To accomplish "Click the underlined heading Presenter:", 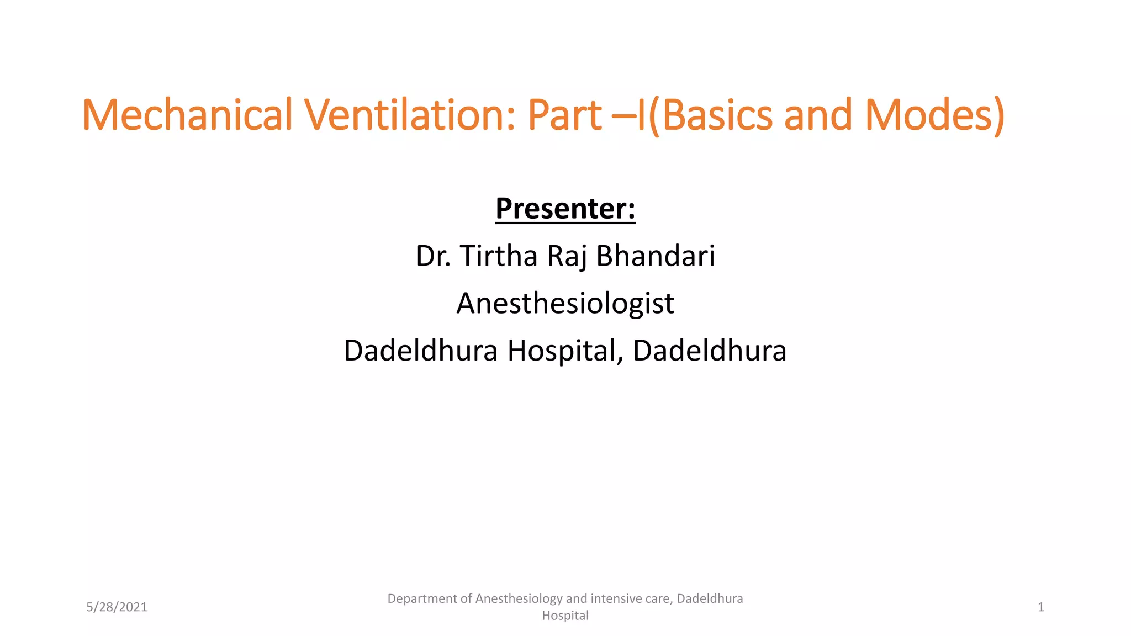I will pyautogui.click(x=565, y=209).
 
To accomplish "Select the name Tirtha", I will pyautogui.click(x=499, y=256).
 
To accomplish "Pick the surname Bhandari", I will pyautogui.click(x=656, y=256).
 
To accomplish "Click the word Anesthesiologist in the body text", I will pyautogui.click(x=565, y=304).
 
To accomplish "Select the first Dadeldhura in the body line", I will pyautogui.click(x=421, y=351).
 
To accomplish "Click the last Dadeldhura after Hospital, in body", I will pyautogui.click(x=710, y=351).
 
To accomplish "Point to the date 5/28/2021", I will pyautogui.click(x=117, y=607).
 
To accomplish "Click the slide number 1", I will pyautogui.click(x=1040, y=607).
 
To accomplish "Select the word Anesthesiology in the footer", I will pyautogui.click(x=519, y=599).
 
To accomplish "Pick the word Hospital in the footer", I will pyautogui.click(x=565, y=616).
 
